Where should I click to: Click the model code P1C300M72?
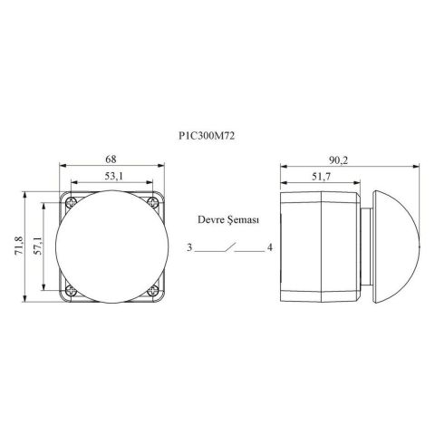(x=207, y=136)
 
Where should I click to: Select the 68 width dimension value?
(x=111, y=159)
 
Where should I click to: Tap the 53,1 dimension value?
(x=114, y=176)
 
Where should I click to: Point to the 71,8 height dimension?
(x=20, y=246)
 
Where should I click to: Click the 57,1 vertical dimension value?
(x=38, y=246)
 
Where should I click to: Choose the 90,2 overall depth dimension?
(x=339, y=160)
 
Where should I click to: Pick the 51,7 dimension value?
(x=322, y=177)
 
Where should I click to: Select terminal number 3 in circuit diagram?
(x=189, y=247)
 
